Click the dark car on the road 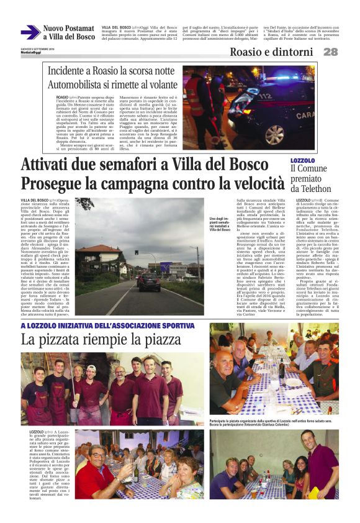[x=149, y=282]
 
